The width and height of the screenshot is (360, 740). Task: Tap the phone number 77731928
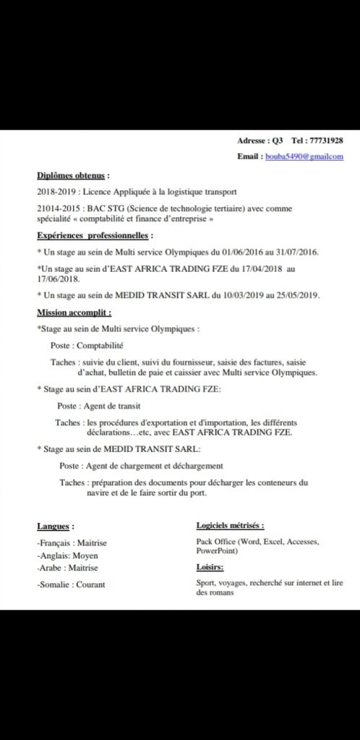(x=326, y=140)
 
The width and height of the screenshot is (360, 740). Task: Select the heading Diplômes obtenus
(x=73, y=175)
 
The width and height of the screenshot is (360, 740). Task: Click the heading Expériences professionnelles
(x=95, y=235)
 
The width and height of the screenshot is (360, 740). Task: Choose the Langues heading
(x=56, y=526)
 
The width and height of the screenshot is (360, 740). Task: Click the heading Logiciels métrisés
(x=230, y=525)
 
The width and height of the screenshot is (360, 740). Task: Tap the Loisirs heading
(x=210, y=567)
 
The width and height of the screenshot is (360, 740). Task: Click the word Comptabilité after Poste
(x=100, y=346)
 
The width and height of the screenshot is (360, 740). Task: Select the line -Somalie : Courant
(x=71, y=584)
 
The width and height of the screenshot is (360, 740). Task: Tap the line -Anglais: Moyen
(x=67, y=556)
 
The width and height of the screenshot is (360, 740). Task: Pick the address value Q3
(x=278, y=140)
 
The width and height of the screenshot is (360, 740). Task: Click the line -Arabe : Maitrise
(x=67, y=569)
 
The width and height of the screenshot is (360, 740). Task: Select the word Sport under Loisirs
(x=206, y=582)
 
